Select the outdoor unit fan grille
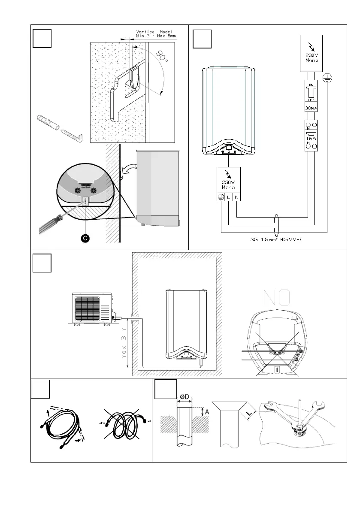pyautogui.click(x=89, y=308)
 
